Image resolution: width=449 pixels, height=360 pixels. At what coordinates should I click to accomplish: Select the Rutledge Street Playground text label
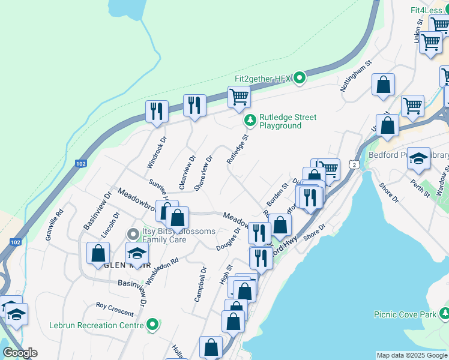click(x=288, y=121)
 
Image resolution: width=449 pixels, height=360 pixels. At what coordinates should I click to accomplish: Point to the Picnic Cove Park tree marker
click(x=444, y=313)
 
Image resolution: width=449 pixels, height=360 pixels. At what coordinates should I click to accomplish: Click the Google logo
click(x=20, y=353)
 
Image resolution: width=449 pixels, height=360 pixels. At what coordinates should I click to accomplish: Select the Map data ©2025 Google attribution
click(x=412, y=355)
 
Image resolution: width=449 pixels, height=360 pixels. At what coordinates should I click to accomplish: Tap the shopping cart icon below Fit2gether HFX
click(x=239, y=96)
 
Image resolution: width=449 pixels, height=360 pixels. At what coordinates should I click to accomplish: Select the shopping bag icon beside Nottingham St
click(x=383, y=85)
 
